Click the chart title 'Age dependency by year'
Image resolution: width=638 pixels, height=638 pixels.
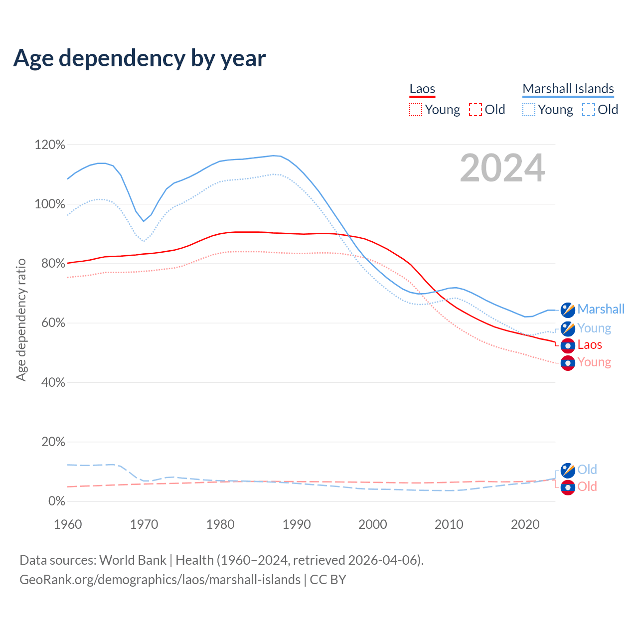pyautogui.click(x=140, y=58)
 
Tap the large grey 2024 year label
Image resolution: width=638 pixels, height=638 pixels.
pyautogui.click(x=502, y=168)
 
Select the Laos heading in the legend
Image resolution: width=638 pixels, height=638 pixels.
pyautogui.click(x=422, y=89)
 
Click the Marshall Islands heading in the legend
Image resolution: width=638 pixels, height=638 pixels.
pyautogui.click(x=568, y=89)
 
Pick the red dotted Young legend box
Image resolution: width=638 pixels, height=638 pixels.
pyautogui.click(x=415, y=110)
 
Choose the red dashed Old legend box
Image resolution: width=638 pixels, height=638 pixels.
pyautogui.click(x=475, y=110)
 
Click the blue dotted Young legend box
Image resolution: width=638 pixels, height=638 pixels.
pyautogui.click(x=529, y=110)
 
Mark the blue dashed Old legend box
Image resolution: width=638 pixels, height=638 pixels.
pyautogui.click(x=589, y=110)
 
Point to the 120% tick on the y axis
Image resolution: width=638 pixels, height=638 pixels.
pyautogui.click(x=50, y=145)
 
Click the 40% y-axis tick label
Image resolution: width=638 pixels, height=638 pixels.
pyautogui.click(x=53, y=383)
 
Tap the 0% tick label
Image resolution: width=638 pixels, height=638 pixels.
pyautogui.click(x=57, y=501)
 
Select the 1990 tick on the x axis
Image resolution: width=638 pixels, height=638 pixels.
pyautogui.click(x=297, y=524)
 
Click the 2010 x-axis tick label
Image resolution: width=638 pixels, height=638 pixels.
pyautogui.click(x=449, y=524)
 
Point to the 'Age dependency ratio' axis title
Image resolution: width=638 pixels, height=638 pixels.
pyautogui.click(x=21, y=319)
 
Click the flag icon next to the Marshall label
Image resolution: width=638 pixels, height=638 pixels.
pyautogui.click(x=568, y=310)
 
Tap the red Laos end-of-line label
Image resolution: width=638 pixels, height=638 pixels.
pyautogui.click(x=590, y=345)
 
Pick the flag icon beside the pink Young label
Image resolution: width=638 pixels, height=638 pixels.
pyautogui.click(x=568, y=363)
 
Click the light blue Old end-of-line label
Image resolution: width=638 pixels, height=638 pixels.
pyautogui.click(x=587, y=470)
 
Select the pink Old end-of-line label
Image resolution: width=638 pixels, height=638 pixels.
pyautogui.click(x=587, y=486)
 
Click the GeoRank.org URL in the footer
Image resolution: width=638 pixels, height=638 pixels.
pyautogui.click(x=160, y=580)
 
